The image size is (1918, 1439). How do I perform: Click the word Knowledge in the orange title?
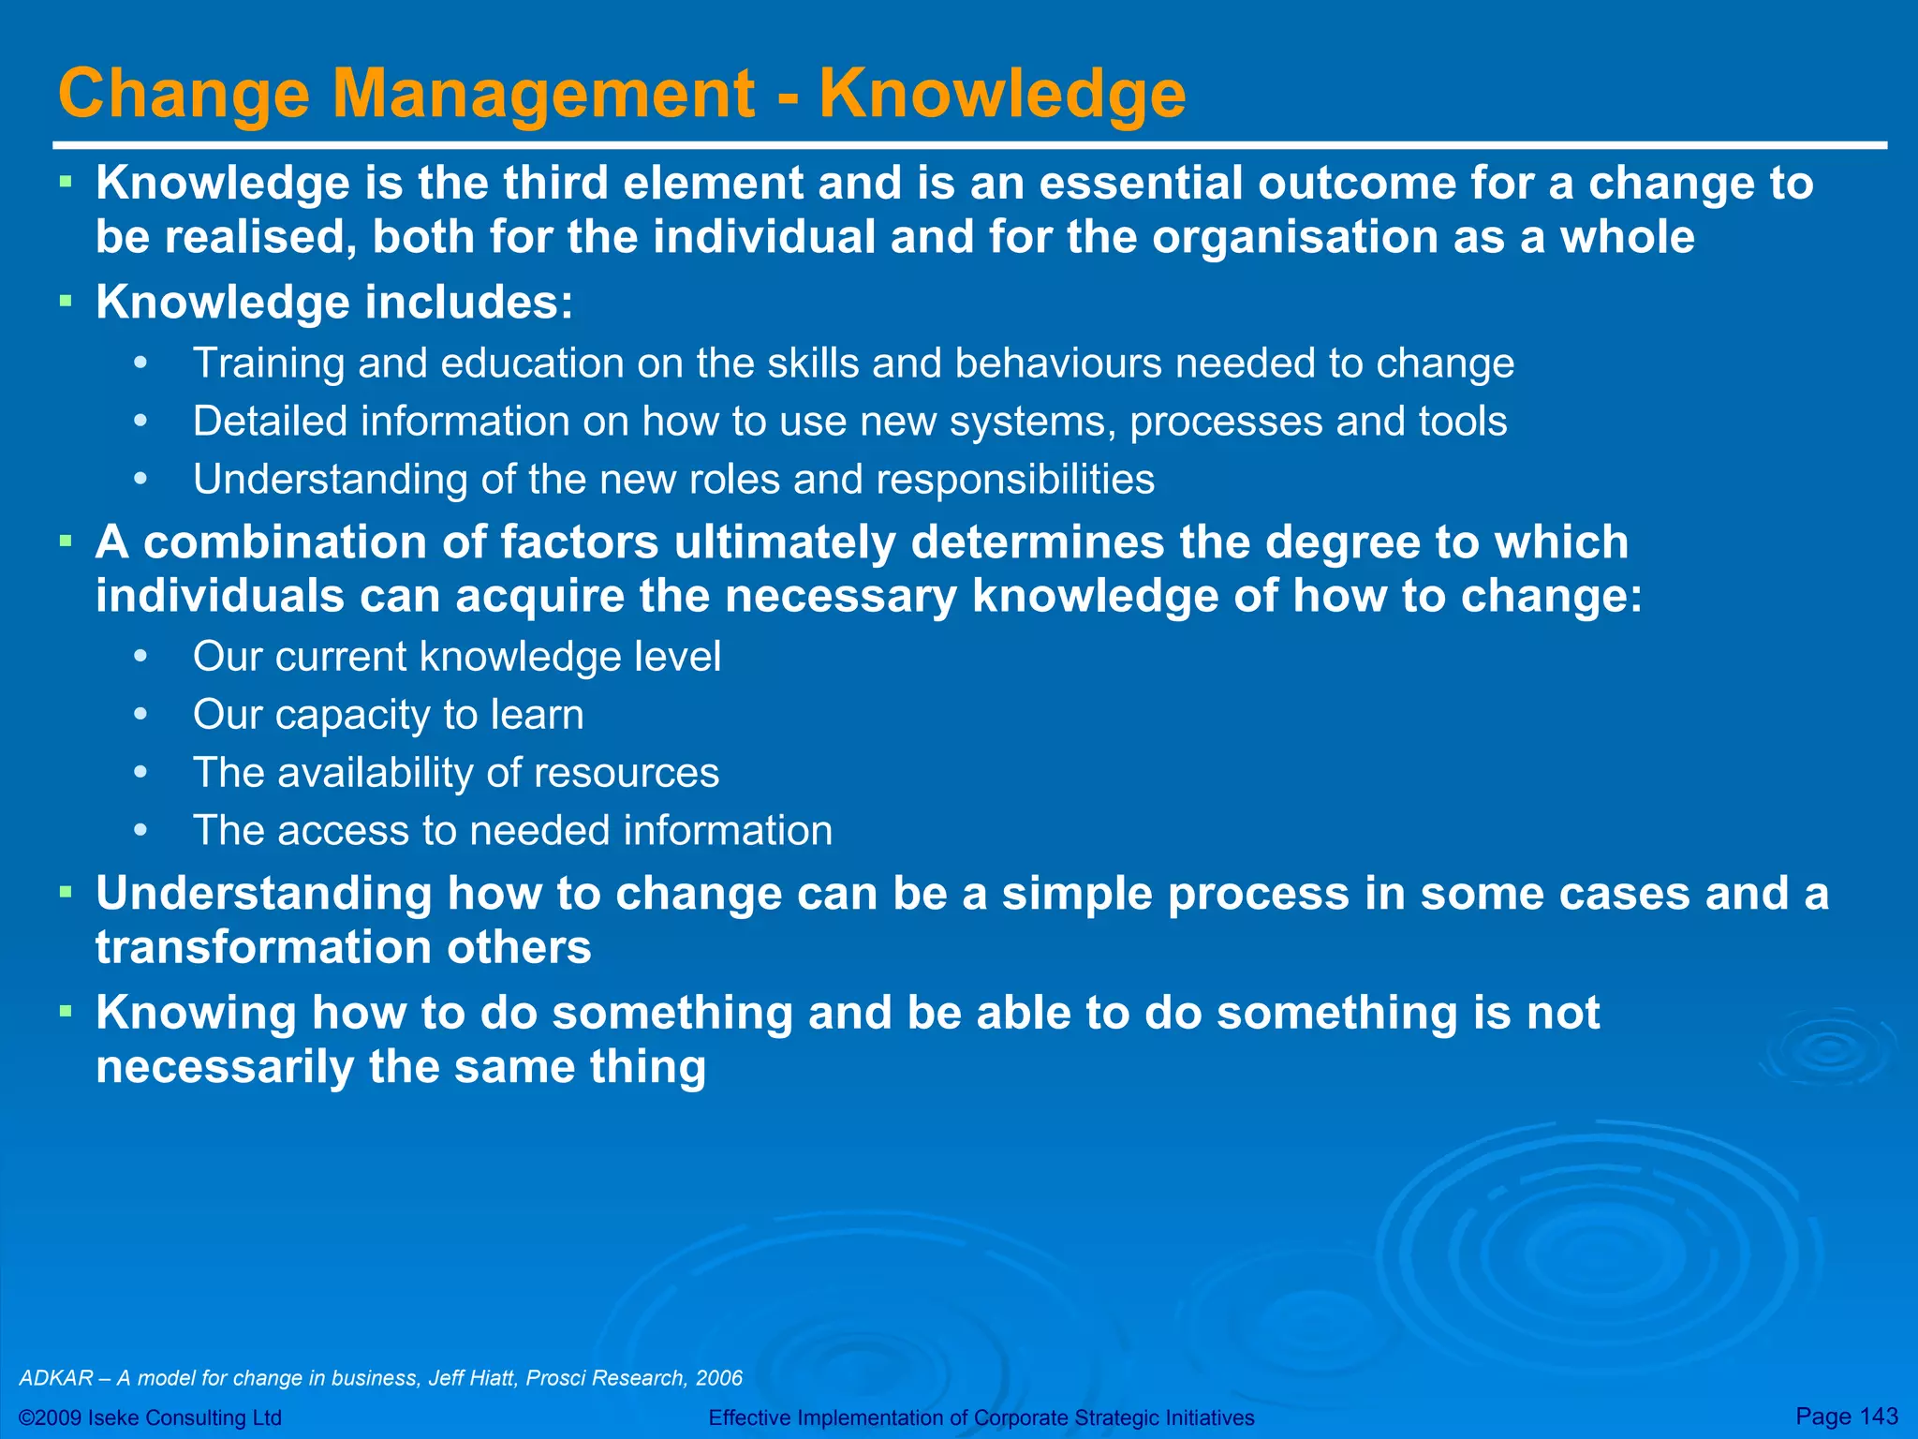click(x=1002, y=94)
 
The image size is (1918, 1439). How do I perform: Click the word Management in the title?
click(x=543, y=94)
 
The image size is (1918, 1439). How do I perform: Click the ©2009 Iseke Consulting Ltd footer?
click(x=151, y=1417)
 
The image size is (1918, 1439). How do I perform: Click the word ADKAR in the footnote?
click(x=56, y=1378)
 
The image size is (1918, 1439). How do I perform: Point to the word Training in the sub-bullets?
click(x=268, y=363)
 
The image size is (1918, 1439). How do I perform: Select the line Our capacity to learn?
click(x=388, y=715)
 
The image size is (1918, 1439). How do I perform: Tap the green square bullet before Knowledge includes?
click(x=65, y=302)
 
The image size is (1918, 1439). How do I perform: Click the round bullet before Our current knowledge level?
click(x=140, y=657)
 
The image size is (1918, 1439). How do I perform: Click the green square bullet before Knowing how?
click(x=65, y=1012)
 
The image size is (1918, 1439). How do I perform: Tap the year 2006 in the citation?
click(x=719, y=1378)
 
